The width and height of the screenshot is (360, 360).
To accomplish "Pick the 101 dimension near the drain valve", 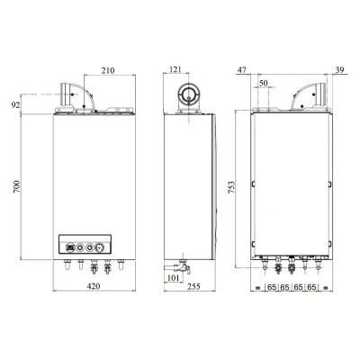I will [x=174, y=277].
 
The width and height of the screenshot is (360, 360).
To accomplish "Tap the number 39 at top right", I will [x=338, y=68].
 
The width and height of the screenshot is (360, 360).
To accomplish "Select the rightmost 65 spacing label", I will [x=312, y=287].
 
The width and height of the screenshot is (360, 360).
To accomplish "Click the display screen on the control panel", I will [x=68, y=244].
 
